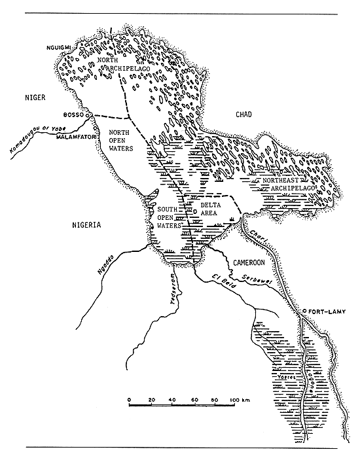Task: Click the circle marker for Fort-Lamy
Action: point(306,311)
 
